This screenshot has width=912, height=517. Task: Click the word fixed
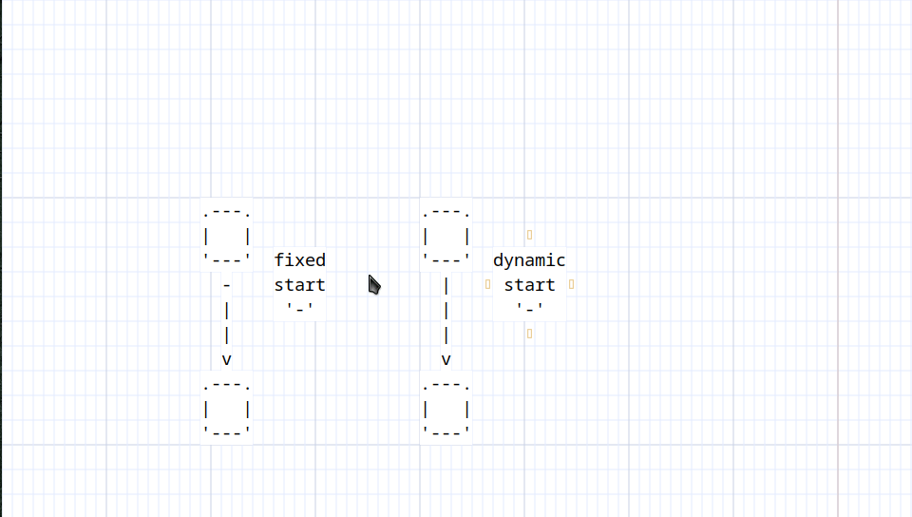(x=300, y=260)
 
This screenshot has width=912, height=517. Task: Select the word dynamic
(x=529, y=260)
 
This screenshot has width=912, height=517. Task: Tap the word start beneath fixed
(x=300, y=285)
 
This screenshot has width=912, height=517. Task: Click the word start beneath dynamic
(x=529, y=285)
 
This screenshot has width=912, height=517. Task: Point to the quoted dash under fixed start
(x=300, y=309)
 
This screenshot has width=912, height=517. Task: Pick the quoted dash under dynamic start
(x=529, y=309)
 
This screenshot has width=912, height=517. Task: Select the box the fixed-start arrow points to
(x=227, y=410)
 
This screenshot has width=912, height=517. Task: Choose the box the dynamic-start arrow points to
(x=446, y=410)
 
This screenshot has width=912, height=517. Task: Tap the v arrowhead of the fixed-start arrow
(x=227, y=359)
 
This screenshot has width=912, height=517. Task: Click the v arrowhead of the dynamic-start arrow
(x=446, y=359)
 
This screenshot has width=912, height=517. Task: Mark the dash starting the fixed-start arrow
(x=227, y=285)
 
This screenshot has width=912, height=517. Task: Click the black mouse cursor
(x=373, y=284)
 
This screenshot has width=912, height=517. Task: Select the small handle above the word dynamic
(x=529, y=234)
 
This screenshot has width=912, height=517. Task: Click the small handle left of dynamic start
(x=487, y=284)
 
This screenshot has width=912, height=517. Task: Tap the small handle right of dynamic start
(x=571, y=284)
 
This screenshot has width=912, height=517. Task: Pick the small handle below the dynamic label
(x=529, y=334)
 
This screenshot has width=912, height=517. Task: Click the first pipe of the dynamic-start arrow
(x=446, y=285)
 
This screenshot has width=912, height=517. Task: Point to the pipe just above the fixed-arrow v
(x=227, y=335)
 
